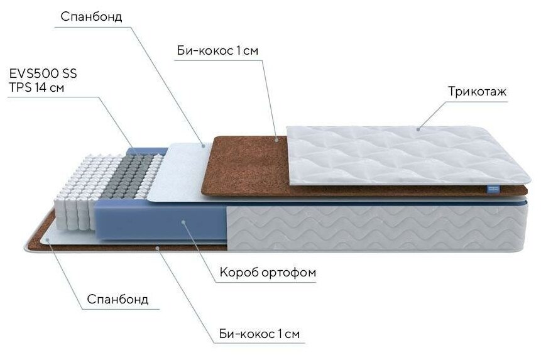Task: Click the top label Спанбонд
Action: click(x=91, y=17)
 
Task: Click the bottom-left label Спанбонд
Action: click(x=118, y=298)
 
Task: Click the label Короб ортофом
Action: click(x=268, y=273)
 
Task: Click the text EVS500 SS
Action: click(x=43, y=74)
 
